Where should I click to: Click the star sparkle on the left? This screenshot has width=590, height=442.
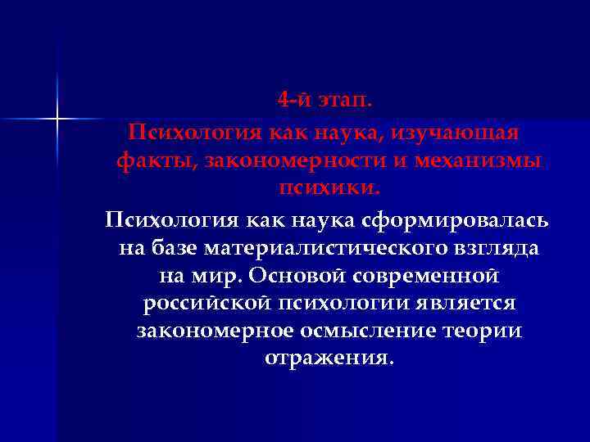tap(58, 119)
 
